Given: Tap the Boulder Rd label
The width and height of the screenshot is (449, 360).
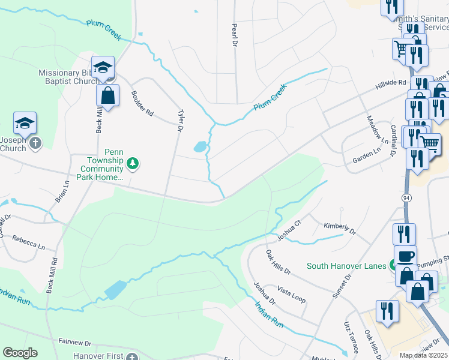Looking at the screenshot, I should (x=142, y=103).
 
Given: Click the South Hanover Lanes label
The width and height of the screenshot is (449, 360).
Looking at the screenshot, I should (x=346, y=266).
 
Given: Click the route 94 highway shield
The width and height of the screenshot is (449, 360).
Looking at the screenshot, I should (x=406, y=196).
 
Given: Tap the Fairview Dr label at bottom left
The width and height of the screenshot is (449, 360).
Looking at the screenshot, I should (x=74, y=343).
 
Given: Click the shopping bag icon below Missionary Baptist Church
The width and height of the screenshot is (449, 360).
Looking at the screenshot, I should (x=107, y=95).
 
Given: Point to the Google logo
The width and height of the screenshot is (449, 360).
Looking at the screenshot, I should (x=20, y=353).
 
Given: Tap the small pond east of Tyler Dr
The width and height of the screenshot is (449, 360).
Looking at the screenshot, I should (x=199, y=146).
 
